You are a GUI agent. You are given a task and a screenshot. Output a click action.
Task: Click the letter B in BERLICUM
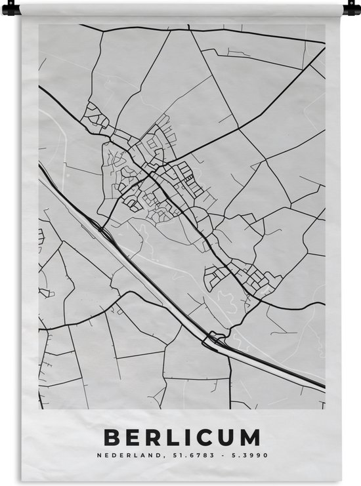113,437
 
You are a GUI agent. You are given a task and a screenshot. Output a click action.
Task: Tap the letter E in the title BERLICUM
135,437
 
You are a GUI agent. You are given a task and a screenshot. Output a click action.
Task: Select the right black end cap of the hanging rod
352,9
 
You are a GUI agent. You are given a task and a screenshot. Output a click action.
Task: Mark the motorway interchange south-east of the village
213,340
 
